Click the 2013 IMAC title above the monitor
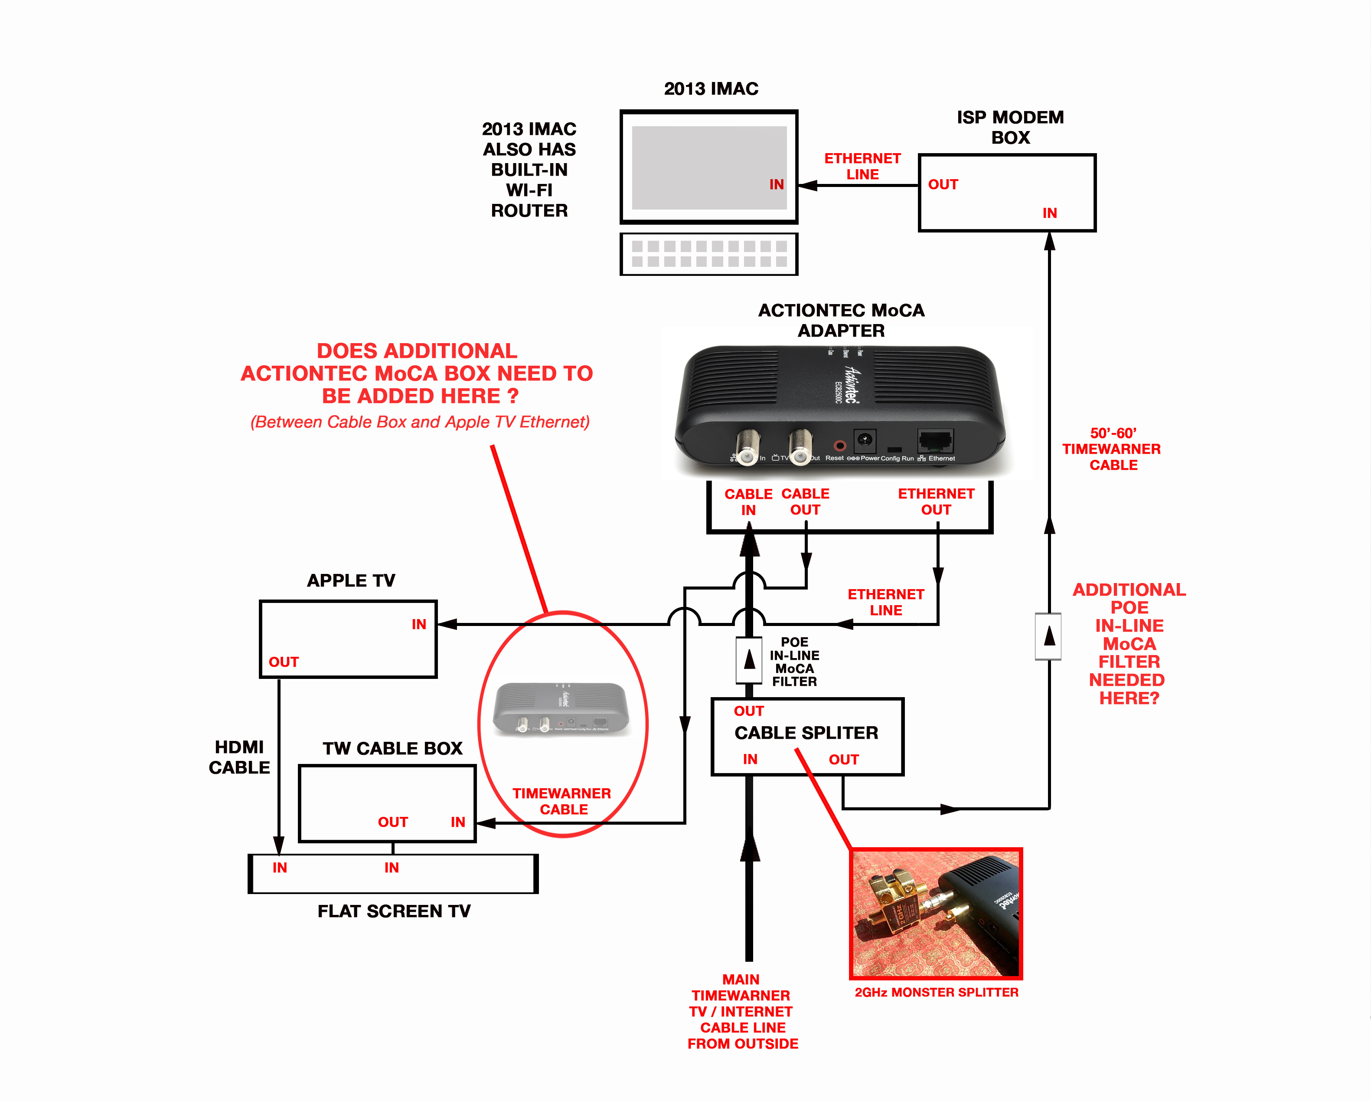coord(711,89)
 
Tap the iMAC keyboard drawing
coord(708,254)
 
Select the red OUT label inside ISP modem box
coord(943,184)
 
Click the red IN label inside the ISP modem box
coord(1049,213)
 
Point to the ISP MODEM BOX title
coord(1010,127)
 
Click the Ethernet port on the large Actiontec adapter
coord(935,440)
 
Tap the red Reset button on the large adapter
coord(839,445)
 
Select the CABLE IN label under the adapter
coord(748,502)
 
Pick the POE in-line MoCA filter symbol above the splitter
coord(749,659)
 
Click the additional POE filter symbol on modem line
coord(1048,636)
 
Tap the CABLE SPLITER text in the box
coord(806,733)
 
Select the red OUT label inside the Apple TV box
coord(284,662)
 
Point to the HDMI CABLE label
coord(239,757)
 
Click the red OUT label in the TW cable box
coord(393,822)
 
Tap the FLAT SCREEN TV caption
coord(394,911)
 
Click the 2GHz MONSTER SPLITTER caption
coord(936,992)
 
